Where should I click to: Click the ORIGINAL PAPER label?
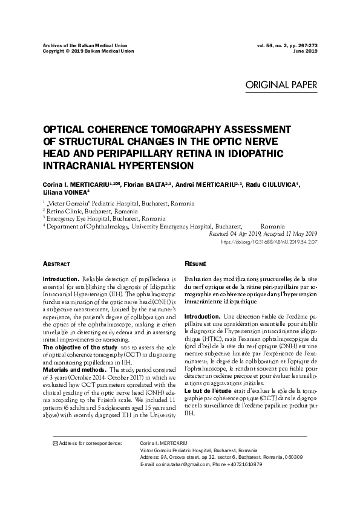281,85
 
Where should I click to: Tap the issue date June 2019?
305,51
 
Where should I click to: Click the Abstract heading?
57,265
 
